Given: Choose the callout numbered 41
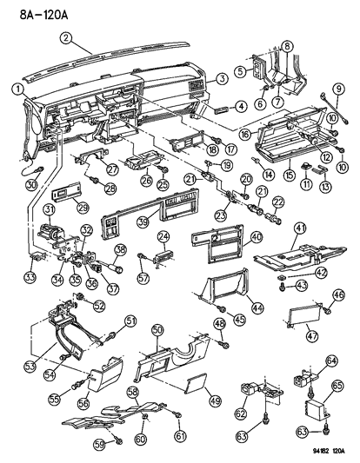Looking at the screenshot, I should tap(298, 228).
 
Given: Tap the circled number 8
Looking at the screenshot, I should tap(287, 44).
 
